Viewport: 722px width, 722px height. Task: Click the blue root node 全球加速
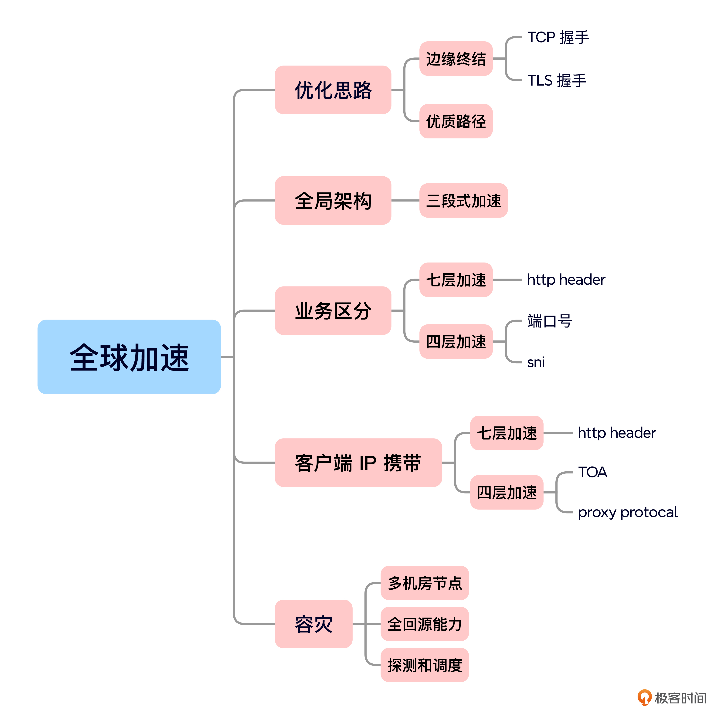pyautogui.click(x=129, y=357)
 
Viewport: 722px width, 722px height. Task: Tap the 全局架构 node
pyautogui.click(x=333, y=201)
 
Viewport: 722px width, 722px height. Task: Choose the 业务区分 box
pyautogui.click(x=333, y=310)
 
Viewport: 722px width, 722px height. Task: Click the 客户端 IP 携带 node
pyautogui.click(x=358, y=463)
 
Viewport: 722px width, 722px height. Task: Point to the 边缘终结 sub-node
pyautogui.click(x=456, y=59)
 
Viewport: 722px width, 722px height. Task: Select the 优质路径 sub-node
pyautogui.click(x=456, y=121)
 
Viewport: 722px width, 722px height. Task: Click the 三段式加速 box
pyautogui.click(x=463, y=201)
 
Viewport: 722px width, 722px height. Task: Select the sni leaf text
pyautogui.click(x=536, y=362)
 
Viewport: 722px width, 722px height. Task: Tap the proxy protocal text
pyautogui.click(x=627, y=512)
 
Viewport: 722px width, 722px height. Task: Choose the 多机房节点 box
pyautogui.click(x=425, y=583)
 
